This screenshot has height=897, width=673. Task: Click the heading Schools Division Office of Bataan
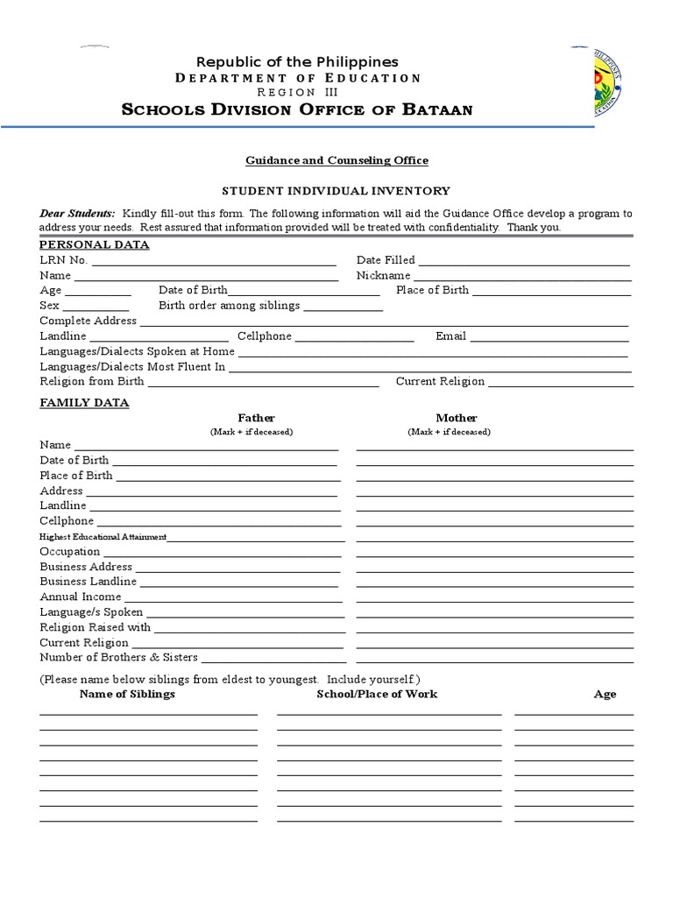pos(297,109)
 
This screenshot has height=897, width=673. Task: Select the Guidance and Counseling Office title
pos(323,160)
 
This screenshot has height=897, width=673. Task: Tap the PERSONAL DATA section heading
pos(95,244)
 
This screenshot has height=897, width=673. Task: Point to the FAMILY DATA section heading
pos(84,402)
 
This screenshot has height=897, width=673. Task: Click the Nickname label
pos(383,275)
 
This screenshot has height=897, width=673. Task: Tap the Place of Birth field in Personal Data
pos(551,292)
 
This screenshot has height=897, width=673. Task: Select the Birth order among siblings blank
pos(343,307)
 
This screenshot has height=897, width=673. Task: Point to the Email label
pos(450,336)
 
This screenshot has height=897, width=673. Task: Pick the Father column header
pos(256,418)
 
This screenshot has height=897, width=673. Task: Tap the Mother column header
pos(457,418)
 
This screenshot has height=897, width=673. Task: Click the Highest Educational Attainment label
pos(103,537)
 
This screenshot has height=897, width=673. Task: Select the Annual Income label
pos(81,597)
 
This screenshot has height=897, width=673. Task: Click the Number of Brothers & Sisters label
pos(118,657)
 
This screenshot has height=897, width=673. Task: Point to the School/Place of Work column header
pos(377,694)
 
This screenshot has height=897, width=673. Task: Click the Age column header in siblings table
pos(605,694)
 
